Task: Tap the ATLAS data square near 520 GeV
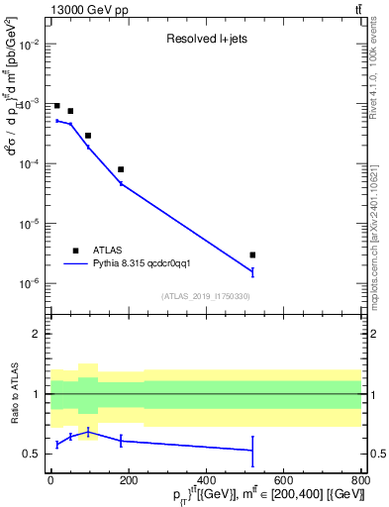[x=252, y=254]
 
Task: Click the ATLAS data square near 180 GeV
[x=121, y=169]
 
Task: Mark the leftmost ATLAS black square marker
[x=57, y=105]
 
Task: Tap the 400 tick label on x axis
[x=206, y=479]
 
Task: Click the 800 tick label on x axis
[x=360, y=479]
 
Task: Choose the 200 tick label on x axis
[x=128, y=479]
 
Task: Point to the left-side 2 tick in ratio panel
[x=37, y=334]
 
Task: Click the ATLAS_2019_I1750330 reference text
[x=205, y=296]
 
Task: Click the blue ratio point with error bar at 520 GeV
[x=252, y=450]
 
